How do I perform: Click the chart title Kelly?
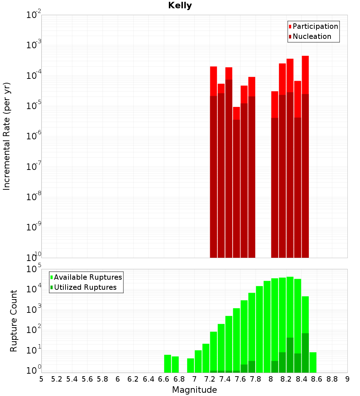click(x=180, y=6)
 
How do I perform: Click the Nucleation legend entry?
click(x=312, y=36)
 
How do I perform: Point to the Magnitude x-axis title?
click(x=194, y=390)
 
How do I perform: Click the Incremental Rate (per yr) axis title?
click(x=6, y=136)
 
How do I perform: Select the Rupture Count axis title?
click(x=14, y=321)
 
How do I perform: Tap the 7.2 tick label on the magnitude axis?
click(x=210, y=379)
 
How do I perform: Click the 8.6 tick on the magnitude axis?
click(x=317, y=379)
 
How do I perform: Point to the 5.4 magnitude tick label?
click(x=72, y=379)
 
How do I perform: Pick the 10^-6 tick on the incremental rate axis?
click(x=34, y=136)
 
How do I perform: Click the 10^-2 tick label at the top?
click(x=34, y=15)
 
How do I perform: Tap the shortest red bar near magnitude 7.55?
click(x=236, y=113)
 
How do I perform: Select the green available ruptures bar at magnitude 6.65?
click(x=167, y=364)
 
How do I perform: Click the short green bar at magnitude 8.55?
click(x=313, y=362)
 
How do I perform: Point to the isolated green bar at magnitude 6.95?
click(x=190, y=365)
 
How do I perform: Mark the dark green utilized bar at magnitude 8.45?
click(x=305, y=353)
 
